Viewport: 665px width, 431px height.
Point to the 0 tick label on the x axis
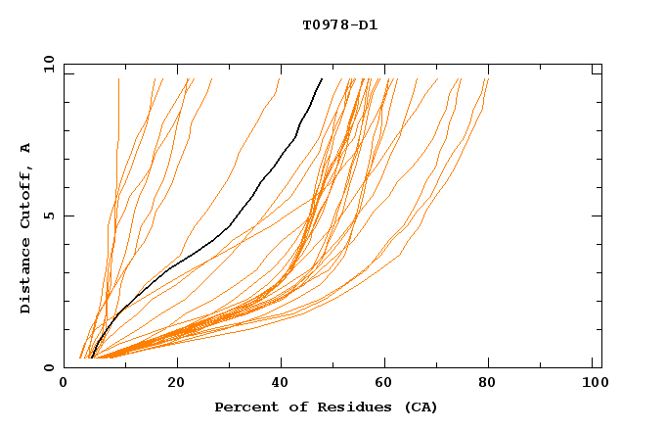[x=65, y=383]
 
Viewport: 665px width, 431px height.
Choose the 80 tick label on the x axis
[x=488, y=383]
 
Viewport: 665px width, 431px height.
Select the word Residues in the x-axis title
[x=332, y=407]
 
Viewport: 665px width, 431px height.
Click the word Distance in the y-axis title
[x=25, y=280]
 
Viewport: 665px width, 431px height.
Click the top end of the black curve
[x=322, y=78]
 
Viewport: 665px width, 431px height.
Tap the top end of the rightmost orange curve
[x=487, y=78]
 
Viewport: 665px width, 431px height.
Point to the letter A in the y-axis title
[x=25, y=148]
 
